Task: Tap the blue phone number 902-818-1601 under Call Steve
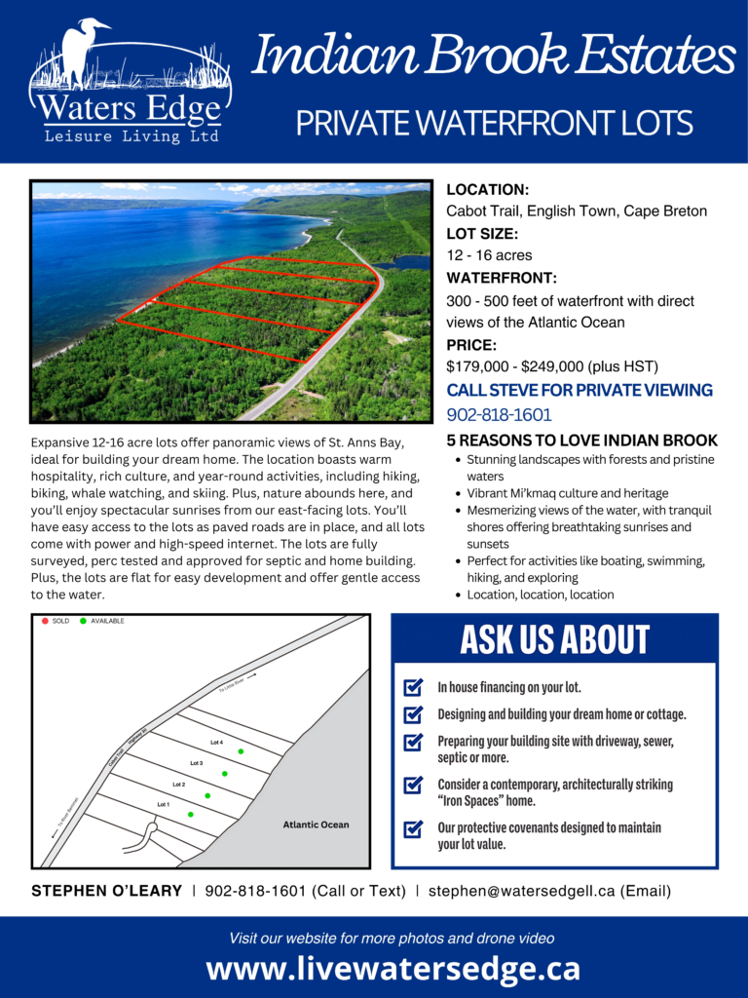click(499, 414)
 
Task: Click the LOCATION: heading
click(487, 190)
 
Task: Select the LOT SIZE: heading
click(482, 234)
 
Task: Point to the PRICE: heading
click(471, 345)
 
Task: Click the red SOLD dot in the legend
click(45, 621)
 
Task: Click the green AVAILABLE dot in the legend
click(83, 621)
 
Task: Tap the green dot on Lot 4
click(241, 751)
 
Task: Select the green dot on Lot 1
click(191, 814)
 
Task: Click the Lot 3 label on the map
click(197, 763)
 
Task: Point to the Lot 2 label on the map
click(179, 784)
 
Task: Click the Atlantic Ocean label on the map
click(316, 825)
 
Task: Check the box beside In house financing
click(413, 688)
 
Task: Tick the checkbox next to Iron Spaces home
click(413, 785)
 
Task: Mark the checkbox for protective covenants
click(413, 828)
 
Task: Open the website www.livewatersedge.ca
click(393, 969)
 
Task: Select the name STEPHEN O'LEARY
click(107, 891)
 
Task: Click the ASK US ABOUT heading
click(554, 639)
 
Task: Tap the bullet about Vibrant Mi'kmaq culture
click(567, 493)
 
